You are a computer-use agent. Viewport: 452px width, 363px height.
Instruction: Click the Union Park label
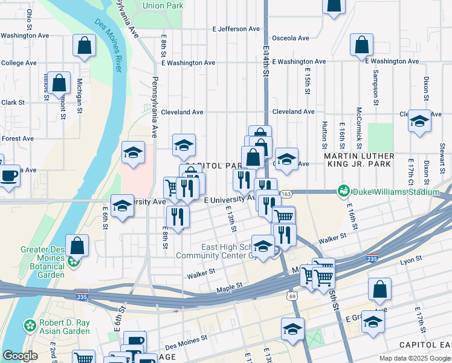(x=163, y=6)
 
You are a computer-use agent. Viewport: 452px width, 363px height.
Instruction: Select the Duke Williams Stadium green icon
(x=344, y=192)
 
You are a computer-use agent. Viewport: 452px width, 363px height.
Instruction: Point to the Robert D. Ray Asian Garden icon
(x=30, y=326)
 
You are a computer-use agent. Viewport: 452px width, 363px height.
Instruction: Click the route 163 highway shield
(x=286, y=194)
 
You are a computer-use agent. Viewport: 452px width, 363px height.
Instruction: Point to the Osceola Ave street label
(x=291, y=38)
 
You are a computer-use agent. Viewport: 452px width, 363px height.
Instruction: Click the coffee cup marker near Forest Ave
(x=8, y=175)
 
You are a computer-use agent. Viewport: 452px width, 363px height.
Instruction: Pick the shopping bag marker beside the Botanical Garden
(x=77, y=245)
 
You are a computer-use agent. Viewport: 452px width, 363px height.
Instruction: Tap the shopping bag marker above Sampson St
(x=361, y=45)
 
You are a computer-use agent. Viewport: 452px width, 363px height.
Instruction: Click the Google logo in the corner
(x=20, y=356)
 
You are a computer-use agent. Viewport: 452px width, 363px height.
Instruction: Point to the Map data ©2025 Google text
(x=414, y=358)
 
